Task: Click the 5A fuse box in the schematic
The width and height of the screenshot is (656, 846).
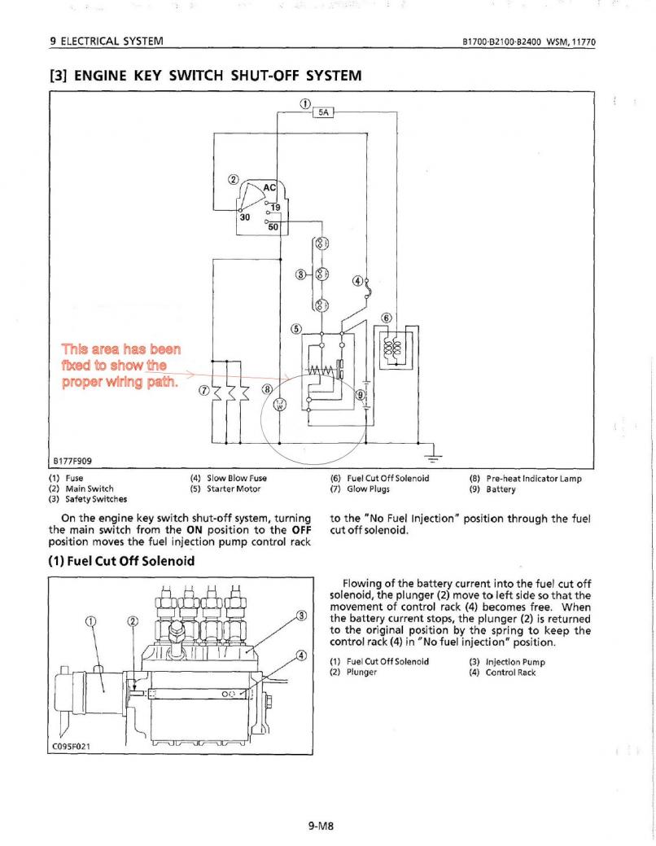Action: (322, 113)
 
